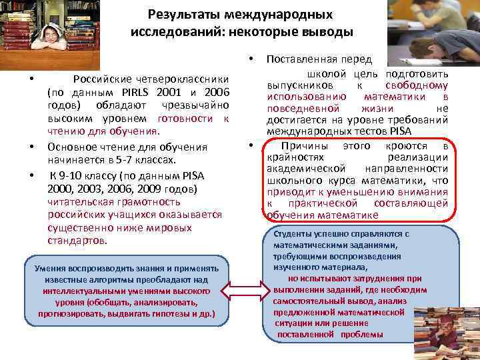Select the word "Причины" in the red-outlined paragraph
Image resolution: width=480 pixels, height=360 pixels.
299,146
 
